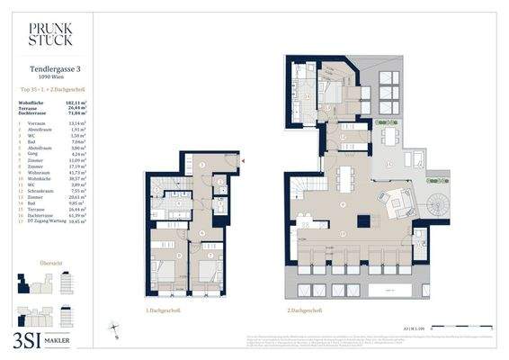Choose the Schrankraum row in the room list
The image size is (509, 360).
(45, 192)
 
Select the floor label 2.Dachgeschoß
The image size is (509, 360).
(305, 310)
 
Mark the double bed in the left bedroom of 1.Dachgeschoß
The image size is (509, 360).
(165, 273)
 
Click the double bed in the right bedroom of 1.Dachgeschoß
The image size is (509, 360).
(206, 273)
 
